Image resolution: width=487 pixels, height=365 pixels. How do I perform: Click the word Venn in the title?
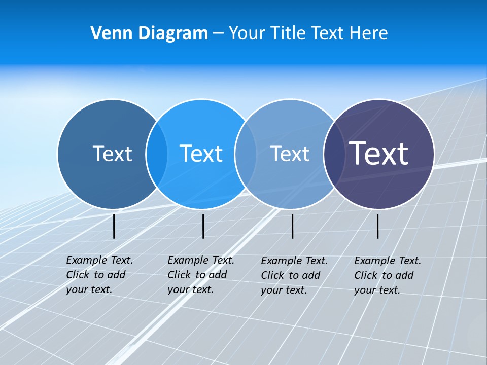point(108,33)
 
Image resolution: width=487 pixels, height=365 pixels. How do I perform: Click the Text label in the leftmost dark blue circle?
point(112,154)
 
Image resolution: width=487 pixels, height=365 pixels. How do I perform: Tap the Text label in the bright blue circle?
point(201,154)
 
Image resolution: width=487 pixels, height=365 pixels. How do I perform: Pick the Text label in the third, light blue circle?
point(290,154)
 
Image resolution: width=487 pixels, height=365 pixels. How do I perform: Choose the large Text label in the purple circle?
point(378,153)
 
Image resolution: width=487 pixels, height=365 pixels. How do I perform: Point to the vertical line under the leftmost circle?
point(114,226)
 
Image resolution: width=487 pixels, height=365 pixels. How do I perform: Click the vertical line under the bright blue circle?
point(203,226)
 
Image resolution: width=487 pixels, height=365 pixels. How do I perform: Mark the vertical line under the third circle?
point(292,226)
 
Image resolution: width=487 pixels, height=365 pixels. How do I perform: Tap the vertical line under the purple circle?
point(377,226)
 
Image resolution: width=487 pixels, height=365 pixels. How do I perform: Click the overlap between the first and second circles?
point(157,154)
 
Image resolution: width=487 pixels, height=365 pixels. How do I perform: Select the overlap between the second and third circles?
point(246,154)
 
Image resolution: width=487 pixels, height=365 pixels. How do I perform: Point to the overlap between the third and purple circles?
point(333,154)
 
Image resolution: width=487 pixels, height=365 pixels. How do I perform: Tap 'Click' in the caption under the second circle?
point(179,275)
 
